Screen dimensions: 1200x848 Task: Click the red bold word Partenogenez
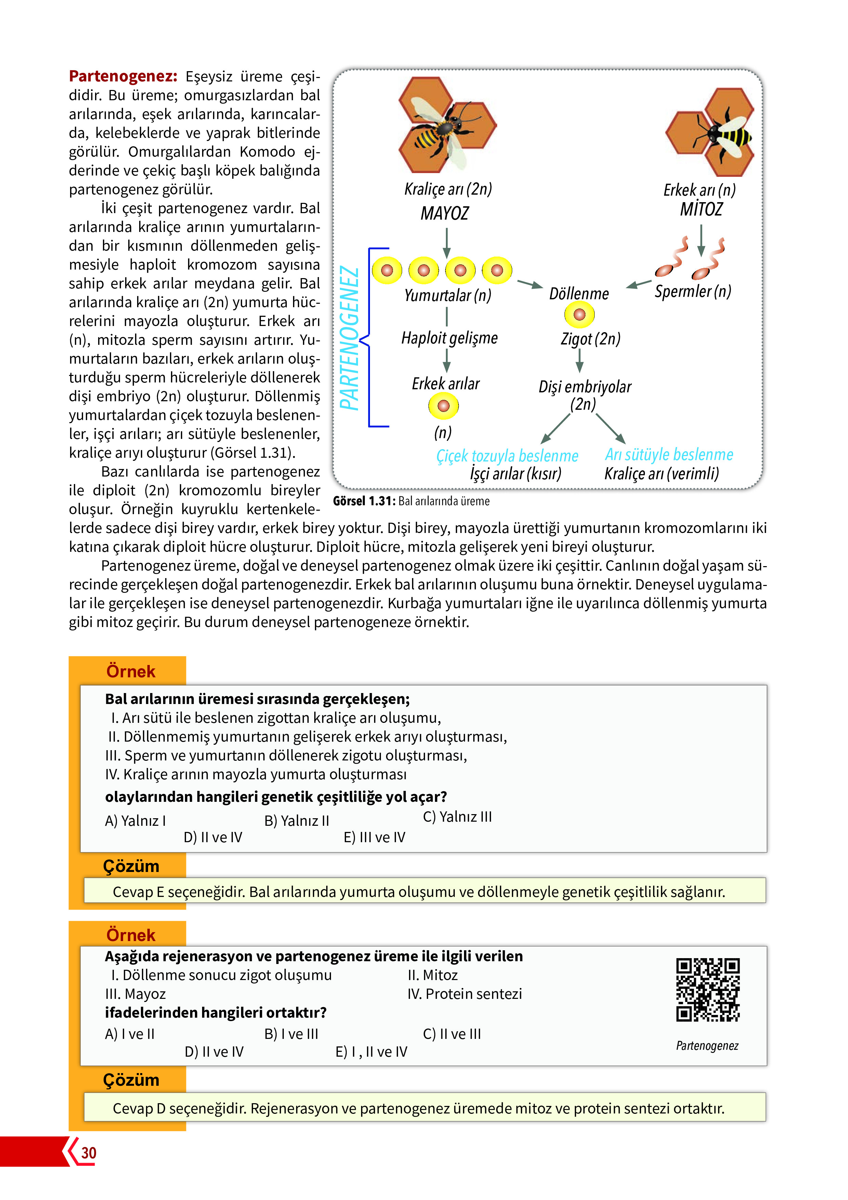pyautogui.click(x=123, y=76)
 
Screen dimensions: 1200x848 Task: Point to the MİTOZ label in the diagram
pyautogui.click(x=701, y=209)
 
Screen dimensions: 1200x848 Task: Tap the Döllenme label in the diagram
pyautogui.click(x=579, y=294)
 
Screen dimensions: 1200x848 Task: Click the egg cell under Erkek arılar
pyautogui.click(x=443, y=406)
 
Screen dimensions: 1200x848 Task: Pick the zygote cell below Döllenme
pyautogui.click(x=580, y=315)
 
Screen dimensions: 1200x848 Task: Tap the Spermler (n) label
pyautogui.click(x=693, y=291)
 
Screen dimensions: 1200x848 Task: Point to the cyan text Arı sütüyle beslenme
pyautogui.click(x=669, y=455)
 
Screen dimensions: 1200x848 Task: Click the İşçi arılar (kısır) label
pyautogui.click(x=516, y=473)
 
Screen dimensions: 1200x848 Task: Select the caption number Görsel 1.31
pyautogui.click(x=364, y=501)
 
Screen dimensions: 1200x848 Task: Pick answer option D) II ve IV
pyautogui.click(x=213, y=837)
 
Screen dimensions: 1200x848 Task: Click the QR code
pyautogui.click(x=708, y=989)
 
